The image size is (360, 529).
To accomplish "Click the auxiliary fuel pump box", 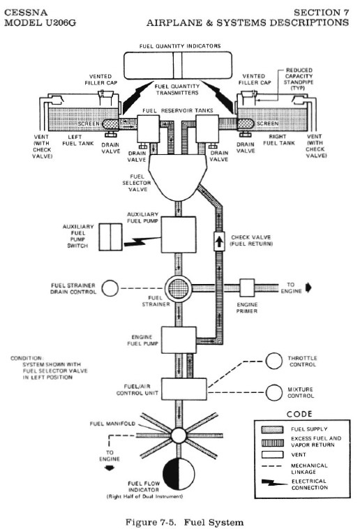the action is click(179, 234).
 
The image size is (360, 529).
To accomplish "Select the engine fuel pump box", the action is click(179, 340).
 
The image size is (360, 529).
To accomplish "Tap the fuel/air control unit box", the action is click(184, 389).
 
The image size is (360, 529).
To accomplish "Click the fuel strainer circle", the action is click(179, 289).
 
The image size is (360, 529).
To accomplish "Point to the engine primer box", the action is click(247, 288).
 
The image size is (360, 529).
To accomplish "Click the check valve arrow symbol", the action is click(219, 241).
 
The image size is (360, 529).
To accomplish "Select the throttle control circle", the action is click(273, 362).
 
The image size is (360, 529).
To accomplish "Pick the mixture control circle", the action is click(273, 392).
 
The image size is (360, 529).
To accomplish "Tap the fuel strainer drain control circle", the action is click(110, 288).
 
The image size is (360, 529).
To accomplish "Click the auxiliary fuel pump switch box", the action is click(111, 237).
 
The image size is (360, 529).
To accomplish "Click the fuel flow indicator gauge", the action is click(179, 474).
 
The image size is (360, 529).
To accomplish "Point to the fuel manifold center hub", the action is click(179, 435).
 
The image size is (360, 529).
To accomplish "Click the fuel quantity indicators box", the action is click(178, 65).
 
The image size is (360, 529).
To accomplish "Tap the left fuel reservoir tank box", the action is click(148, 128).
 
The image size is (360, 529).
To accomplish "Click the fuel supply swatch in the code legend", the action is click(272, 429).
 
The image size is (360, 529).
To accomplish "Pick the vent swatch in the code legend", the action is click(272, 454).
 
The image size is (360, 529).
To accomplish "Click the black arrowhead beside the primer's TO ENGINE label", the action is click(308, 288).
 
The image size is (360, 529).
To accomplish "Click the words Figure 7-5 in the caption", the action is click(151, 523).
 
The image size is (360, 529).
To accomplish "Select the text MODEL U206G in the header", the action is click(40, 23).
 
